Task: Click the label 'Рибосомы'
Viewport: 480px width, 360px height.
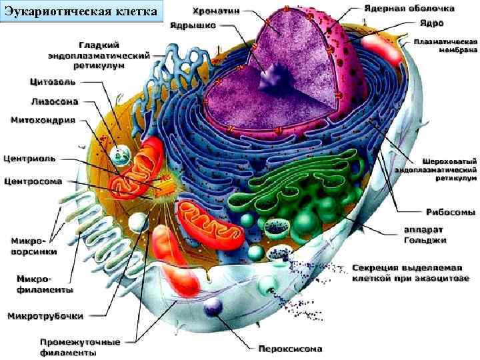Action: tap(451, 212)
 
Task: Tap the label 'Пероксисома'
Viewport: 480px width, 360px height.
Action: tap(290, 348)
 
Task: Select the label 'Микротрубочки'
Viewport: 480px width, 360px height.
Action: tap(45, 315)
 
